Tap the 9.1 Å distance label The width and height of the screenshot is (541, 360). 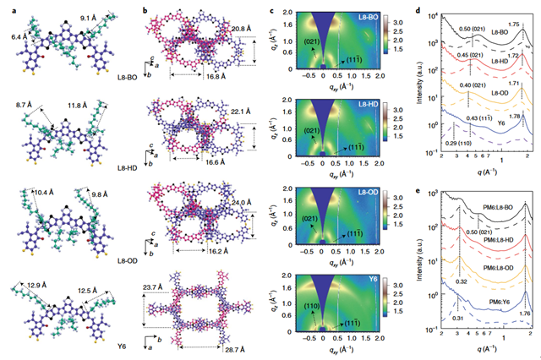[x=90, y=17]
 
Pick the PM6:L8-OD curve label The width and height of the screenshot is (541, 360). [x=495, y=267]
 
